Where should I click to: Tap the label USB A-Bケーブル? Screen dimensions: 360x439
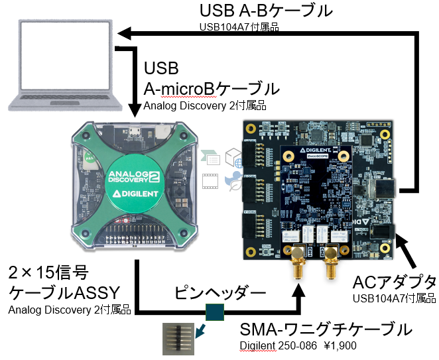265,11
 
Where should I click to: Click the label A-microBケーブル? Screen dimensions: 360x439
212,89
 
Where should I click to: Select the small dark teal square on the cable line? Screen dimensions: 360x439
215,312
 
